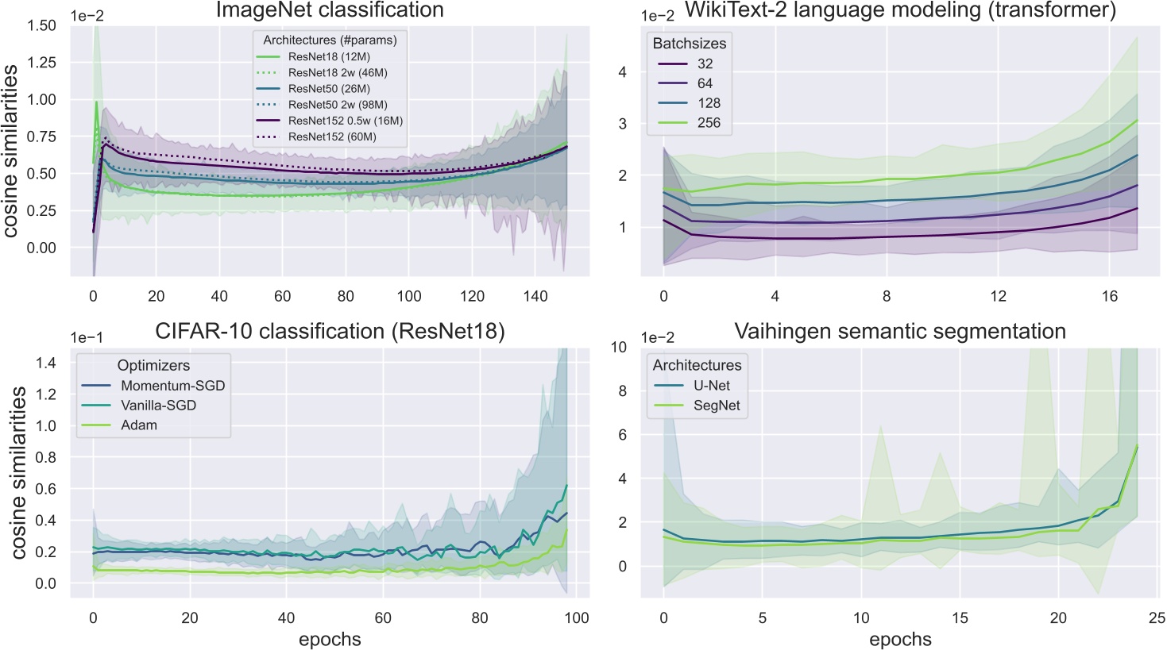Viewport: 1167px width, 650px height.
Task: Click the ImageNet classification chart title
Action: click(330, 10)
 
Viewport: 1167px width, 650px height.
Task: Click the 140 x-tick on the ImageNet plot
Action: click(535, 296)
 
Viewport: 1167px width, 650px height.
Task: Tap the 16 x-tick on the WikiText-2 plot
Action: click(1110, 296)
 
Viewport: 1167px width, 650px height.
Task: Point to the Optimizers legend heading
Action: click(153, 366)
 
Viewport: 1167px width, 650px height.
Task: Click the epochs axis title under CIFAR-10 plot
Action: click(330, 639)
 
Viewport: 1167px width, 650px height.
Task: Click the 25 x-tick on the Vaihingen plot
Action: click(1157, 617)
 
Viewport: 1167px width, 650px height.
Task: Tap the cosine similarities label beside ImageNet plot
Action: click(11, 151)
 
